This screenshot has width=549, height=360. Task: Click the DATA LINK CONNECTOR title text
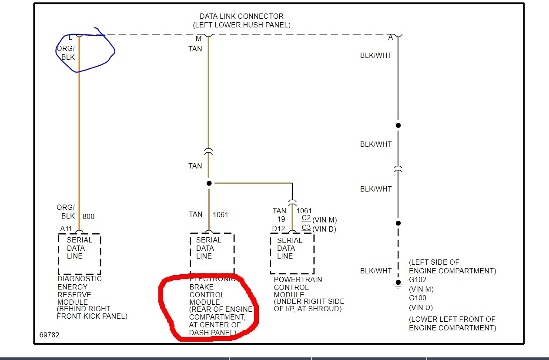point(242,17)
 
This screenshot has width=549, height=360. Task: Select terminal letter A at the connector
point(391,38)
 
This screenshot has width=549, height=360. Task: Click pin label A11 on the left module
point(66,229)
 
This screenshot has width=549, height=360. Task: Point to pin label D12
point(278,229)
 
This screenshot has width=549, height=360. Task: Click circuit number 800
point(88,216)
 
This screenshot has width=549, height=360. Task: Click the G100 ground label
point(418,298)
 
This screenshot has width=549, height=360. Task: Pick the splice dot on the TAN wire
point(209,183)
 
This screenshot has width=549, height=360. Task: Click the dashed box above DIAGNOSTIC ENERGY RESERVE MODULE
point(79,254)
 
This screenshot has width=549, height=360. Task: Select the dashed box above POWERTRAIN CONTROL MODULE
point(292,253)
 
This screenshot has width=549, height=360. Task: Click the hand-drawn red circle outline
point(162,305)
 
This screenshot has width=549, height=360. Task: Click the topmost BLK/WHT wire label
point(376,56)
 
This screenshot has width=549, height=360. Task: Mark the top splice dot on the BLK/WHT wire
point(398,125)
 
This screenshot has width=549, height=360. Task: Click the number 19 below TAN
point(281,219)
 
